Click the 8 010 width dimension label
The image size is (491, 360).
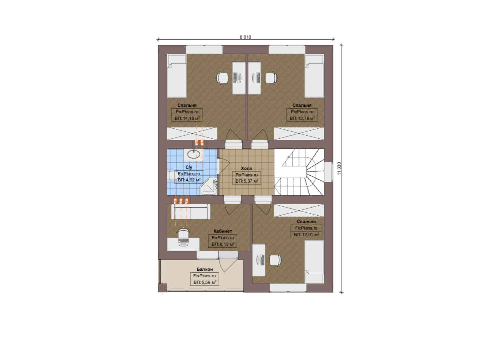(245, 37)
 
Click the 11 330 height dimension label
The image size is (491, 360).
(339, 168)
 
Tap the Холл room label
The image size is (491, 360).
(246, 168)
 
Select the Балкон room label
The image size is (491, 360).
(205, 269)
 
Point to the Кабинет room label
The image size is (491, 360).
(223, 231)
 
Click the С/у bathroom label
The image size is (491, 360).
(189, 167)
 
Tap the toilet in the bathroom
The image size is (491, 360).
(173, 175)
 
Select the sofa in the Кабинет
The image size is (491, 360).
(191, 212)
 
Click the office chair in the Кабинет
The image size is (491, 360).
(183, 232)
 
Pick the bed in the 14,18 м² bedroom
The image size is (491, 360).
(177, 76)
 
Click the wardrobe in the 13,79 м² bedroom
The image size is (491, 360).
(299, 133)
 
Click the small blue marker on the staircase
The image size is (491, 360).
(288, 157)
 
